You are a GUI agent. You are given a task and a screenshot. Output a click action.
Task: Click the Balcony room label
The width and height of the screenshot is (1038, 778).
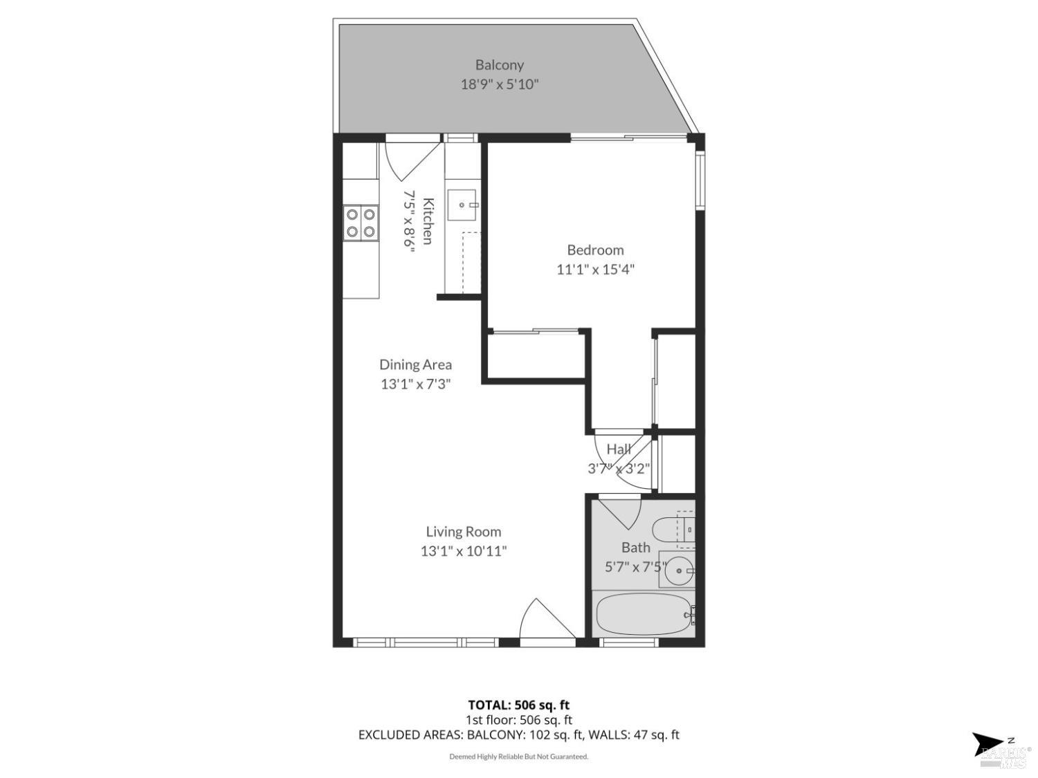(x=500, y=65)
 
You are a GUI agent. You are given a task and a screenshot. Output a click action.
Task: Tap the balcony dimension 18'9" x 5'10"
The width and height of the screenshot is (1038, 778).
(x=500, y=84)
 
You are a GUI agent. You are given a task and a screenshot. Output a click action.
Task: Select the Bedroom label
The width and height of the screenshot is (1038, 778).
(x=595, y=250)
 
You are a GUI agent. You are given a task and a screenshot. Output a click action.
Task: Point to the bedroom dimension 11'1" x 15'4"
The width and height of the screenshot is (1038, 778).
(x=595, y=269)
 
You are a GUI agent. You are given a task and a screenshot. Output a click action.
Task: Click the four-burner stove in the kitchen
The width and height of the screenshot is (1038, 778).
(x=361, y=223)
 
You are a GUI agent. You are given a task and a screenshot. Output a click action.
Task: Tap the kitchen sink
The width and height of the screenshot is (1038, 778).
(x=462, y=205)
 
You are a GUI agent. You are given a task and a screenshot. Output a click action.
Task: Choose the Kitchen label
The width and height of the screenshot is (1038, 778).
(x=428, y=221)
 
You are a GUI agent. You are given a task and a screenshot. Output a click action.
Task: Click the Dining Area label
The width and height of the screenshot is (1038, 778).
(x=415, y=364)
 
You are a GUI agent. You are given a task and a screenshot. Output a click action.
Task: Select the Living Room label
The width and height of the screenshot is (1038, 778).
(x=464, y=531)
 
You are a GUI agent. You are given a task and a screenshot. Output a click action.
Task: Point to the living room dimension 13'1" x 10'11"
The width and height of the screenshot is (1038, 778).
(x=464, y=551)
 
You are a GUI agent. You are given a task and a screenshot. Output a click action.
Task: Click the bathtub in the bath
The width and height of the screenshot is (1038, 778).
(x=644, y=614)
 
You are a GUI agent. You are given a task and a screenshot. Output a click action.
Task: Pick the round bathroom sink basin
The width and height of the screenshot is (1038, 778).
(x=679, y=571)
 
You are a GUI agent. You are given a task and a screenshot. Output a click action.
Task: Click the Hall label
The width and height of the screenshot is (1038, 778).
(x=619, y=449)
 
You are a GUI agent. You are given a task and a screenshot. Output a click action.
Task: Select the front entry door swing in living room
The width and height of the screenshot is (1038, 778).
(x=547, y=619)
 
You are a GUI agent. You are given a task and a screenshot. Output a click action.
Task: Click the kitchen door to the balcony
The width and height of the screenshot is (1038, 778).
(x=413, y=158)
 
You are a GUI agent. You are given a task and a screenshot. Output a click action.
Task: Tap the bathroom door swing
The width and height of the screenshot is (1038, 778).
(x=619, y=512)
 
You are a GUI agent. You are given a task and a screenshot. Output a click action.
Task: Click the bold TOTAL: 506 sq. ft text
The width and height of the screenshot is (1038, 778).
(x=519, y=705)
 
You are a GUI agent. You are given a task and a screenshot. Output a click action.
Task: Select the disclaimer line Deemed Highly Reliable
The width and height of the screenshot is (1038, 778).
(x=519, y=757)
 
